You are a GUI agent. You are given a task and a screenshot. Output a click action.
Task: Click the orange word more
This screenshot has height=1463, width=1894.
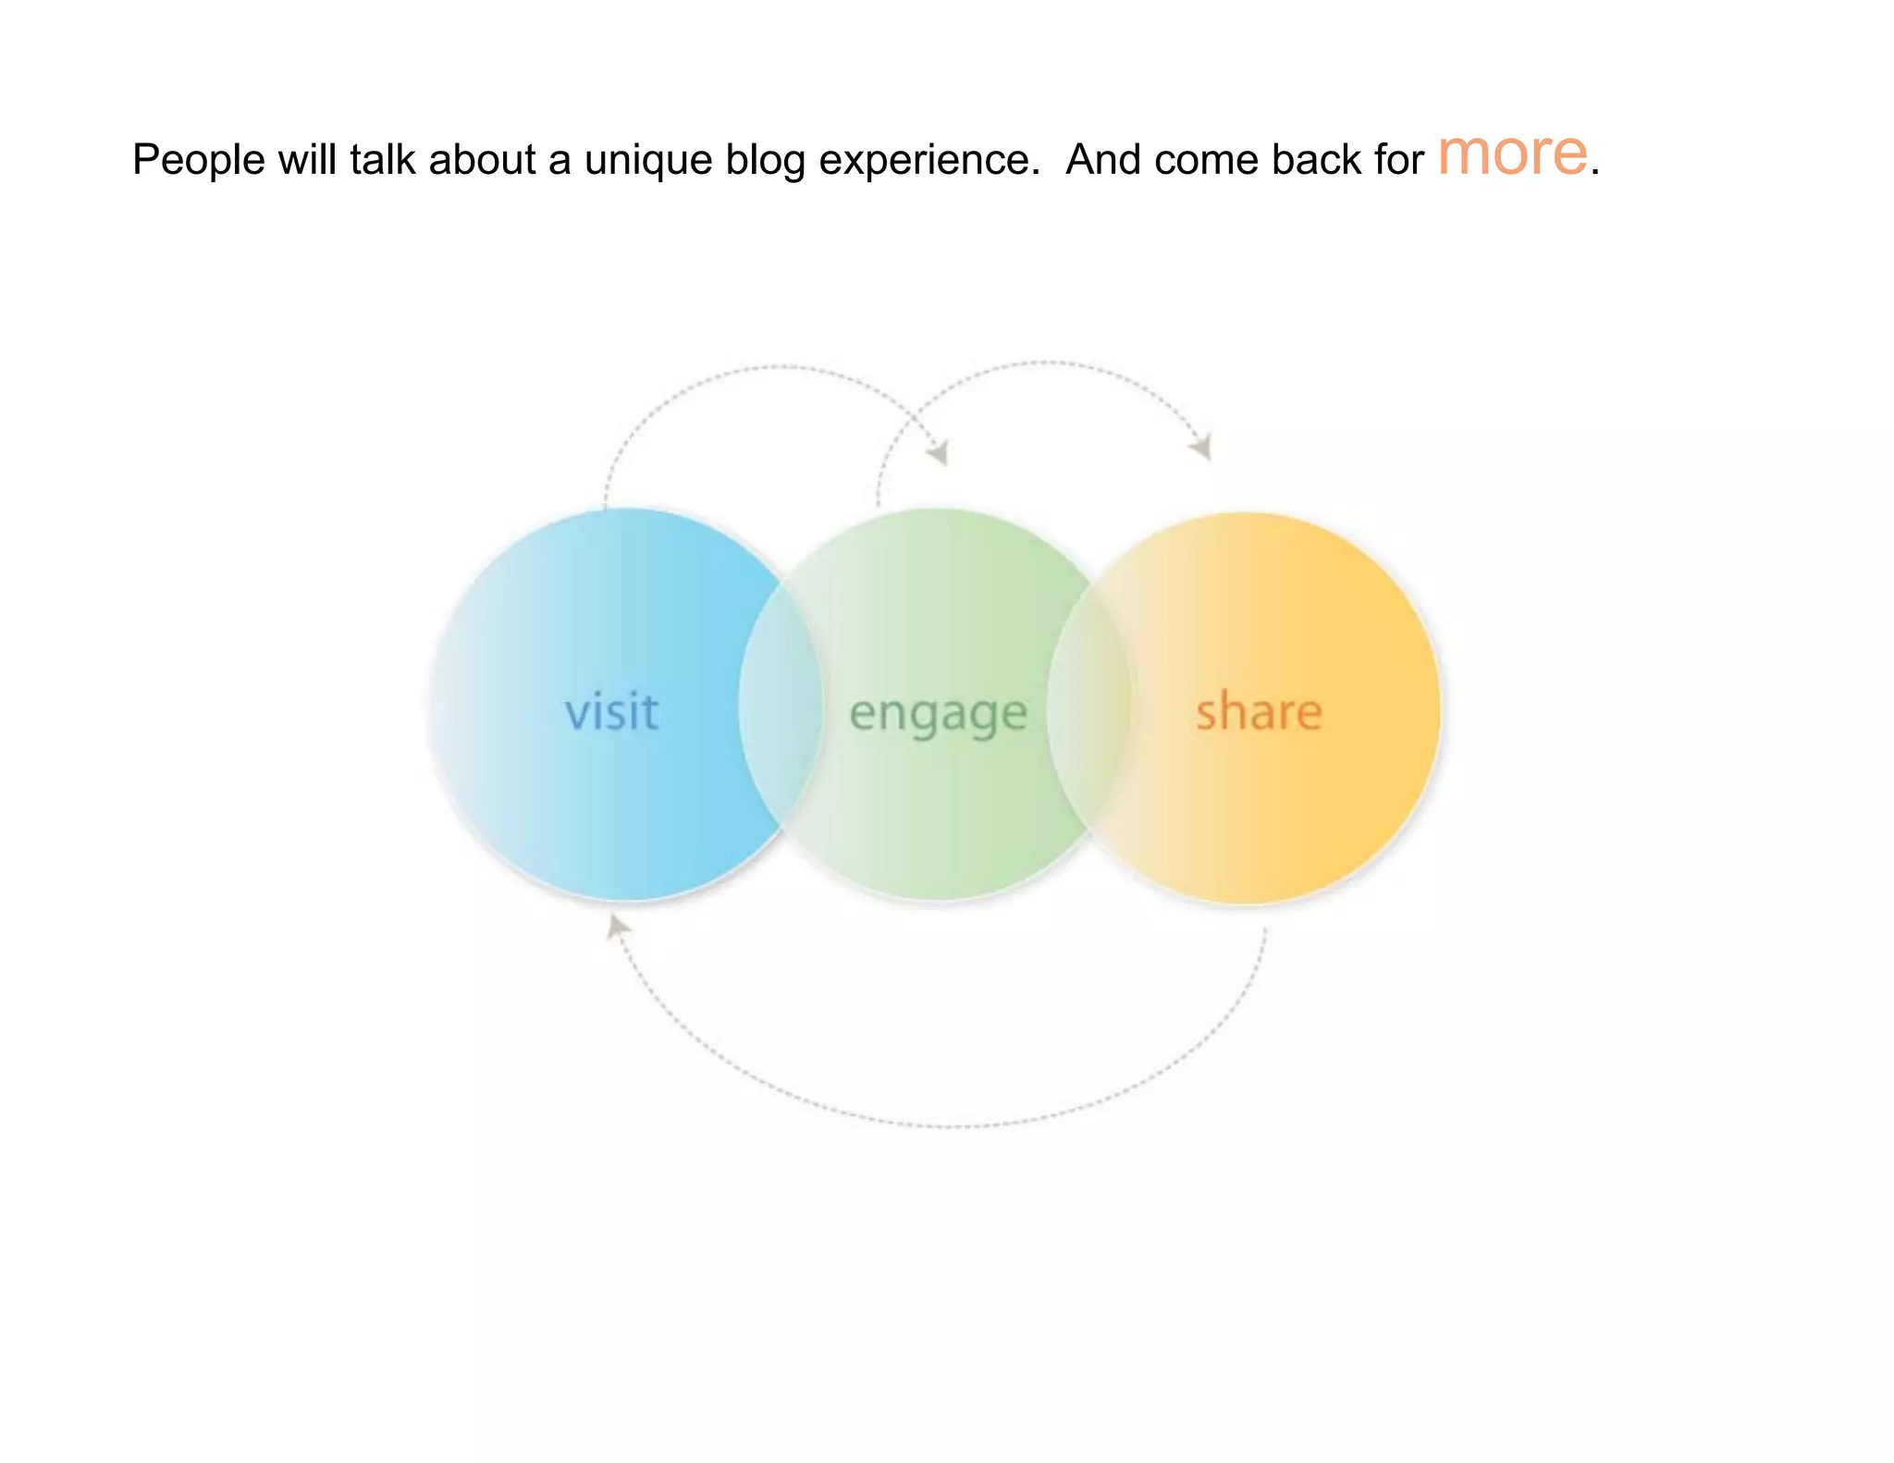pos(1512,154)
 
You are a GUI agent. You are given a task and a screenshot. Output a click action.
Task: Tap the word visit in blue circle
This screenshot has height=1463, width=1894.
pos(612,712)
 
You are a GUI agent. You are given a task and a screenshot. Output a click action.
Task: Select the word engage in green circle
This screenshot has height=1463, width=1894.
pos(938,715)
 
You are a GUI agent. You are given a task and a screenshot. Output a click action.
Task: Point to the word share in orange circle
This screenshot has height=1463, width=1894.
pos(1259,712)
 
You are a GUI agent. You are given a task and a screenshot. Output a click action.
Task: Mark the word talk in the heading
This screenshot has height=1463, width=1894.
pos(383,159)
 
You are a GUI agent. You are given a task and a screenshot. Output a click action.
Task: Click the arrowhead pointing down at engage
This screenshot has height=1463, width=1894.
pos(940,454)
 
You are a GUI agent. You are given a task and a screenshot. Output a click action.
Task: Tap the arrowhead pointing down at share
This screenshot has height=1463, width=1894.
pos(1202,448)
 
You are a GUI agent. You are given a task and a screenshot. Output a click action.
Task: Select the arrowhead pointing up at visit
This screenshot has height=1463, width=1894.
pos(616,926)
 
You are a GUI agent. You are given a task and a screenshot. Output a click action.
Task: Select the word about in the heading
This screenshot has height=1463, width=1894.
pos(482,159)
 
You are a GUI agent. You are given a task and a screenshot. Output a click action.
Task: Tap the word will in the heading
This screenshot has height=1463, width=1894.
pos(307,159)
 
